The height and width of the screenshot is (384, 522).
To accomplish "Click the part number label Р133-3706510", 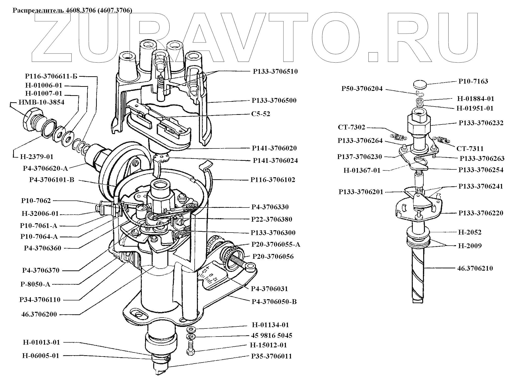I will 275,71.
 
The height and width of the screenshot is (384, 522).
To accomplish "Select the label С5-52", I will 261,114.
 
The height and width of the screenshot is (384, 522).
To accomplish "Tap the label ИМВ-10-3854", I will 41,102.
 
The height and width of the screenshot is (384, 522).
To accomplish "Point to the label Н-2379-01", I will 37,157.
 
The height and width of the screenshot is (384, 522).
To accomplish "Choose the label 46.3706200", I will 39,314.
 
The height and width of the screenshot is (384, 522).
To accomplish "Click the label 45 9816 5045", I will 271,336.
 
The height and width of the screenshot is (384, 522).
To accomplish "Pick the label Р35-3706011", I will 271,356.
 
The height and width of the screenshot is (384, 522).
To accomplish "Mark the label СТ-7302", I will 351,127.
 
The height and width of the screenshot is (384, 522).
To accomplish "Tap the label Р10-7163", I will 473,81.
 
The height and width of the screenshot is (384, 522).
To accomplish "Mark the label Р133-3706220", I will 481,213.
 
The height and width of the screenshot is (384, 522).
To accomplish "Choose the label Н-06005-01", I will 41,356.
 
